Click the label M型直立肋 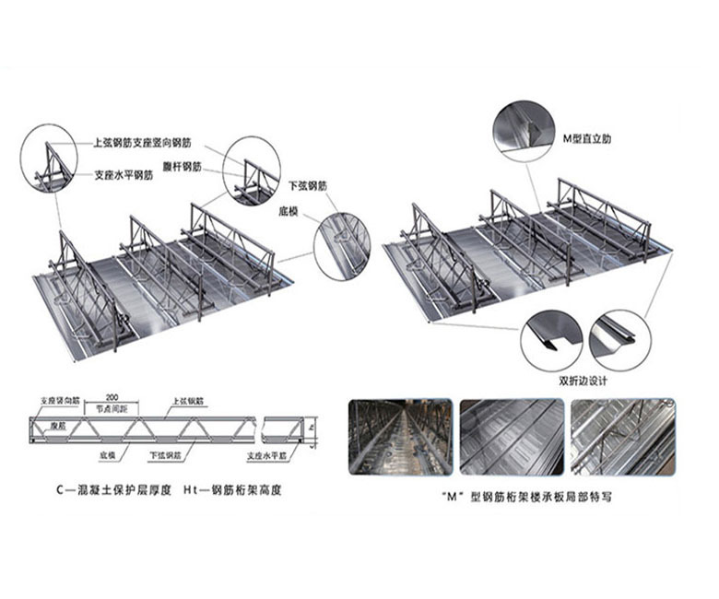tap(586, 138)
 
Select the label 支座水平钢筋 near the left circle tap(126, 172)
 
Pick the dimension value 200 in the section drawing tap(112, 393)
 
